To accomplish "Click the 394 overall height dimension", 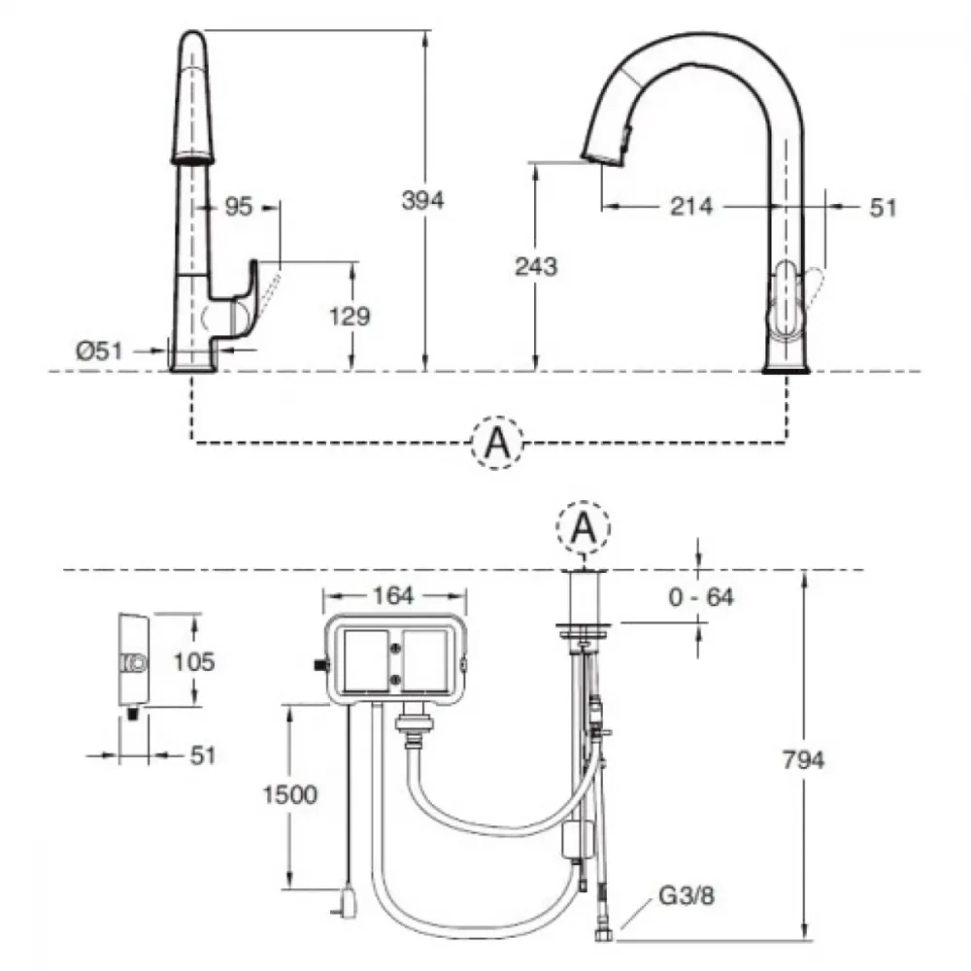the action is coord(423,200).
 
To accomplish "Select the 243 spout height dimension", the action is coord(536,266).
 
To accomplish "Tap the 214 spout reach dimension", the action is coord(691,206).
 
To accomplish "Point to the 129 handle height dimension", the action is coord(350,317).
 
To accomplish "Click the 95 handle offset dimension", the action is coord(239,206).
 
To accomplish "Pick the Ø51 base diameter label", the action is coord(99,352).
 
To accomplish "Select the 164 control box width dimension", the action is coord(394,596).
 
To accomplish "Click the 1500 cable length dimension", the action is coord(289,794).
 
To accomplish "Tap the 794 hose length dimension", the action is coord(803,760).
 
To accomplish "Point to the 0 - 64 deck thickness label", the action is coord(701,597).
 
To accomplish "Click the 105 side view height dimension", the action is coord(194,662).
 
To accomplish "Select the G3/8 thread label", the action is coord(686,895).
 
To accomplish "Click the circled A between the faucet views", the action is coord(497,443).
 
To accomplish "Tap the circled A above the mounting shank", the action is coord(584,528).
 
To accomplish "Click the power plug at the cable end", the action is coord(347,903).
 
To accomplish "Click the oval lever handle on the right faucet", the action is coord(787,300).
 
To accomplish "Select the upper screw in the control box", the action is coord(396,649).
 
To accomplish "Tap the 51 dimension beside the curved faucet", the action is coord(883,208).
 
